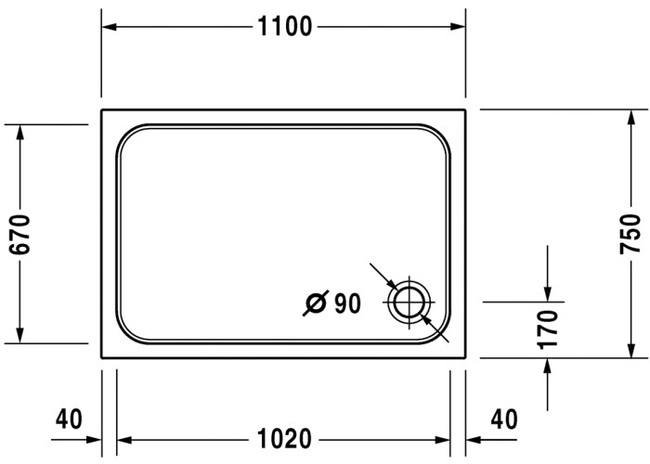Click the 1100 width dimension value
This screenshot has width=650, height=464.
coord(284,27)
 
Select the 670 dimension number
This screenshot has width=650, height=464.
coord(20,234)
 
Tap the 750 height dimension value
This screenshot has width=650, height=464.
coord(630,234)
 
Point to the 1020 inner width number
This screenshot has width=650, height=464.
coord(284,439)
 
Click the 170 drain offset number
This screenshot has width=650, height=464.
coord(547,329)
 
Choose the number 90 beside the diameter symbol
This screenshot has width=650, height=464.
coord(347,303)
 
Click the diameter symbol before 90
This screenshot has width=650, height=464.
coord(316,303)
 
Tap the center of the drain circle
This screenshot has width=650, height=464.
coord(409,302)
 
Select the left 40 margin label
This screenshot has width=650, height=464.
coord(69,419)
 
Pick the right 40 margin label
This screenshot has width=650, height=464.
coord(504,419)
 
